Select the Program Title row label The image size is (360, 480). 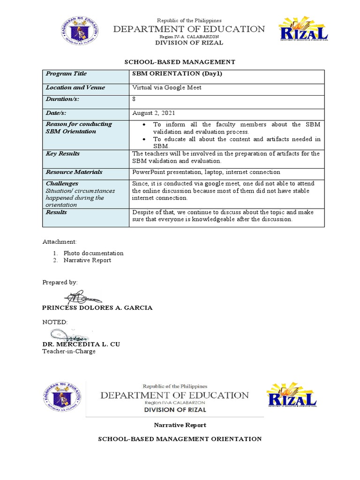click(x=66, y=74)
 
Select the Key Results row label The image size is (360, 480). click(x=63, y=154)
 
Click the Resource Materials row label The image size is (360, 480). click(x=74, y=172)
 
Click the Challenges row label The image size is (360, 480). click(x=62, y=184)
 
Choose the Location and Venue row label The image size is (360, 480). click(x=75, y=88)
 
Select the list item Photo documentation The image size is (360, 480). click(x=94, y=253)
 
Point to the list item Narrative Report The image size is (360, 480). click(x=88, y=260)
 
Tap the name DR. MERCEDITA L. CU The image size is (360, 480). click(x=81, y=344)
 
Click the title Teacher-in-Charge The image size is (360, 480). click(x=69, y=351)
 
